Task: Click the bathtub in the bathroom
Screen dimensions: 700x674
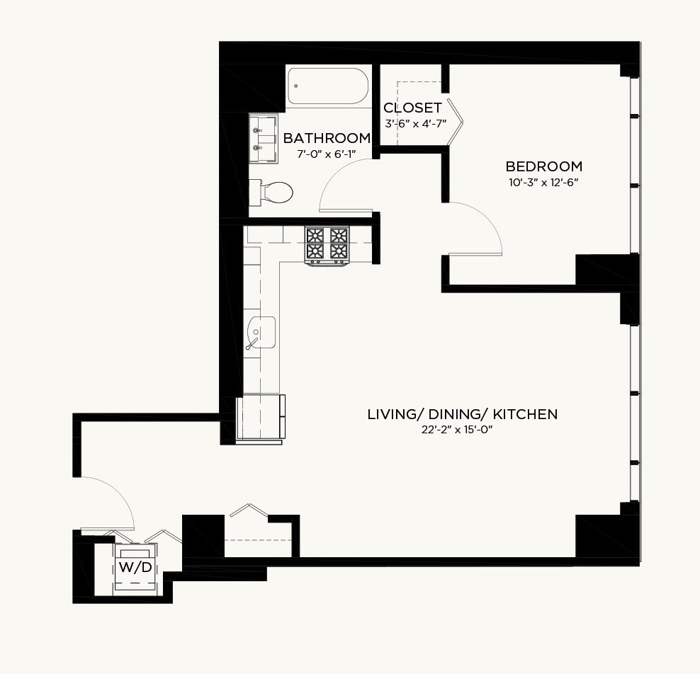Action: [x=328, y=86]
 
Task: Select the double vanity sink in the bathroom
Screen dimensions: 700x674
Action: [x=263, y=139]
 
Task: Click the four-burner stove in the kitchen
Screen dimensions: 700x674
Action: [x=327, y=246]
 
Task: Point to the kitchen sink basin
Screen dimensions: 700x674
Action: [x=261, y=332]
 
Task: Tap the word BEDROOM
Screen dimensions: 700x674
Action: [x=543, y=166]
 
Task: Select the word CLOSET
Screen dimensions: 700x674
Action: [x=412, y=108]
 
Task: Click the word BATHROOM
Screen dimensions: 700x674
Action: [x=327, y=138]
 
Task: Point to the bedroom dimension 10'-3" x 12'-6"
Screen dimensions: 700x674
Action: [x=543, y=183]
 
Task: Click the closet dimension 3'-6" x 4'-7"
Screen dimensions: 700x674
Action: [x=416, y=124]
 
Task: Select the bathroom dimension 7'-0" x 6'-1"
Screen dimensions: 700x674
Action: [x=327, y=154]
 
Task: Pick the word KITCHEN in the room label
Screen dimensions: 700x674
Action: [x=525, y=414]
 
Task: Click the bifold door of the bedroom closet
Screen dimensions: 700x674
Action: [x=456, y=121]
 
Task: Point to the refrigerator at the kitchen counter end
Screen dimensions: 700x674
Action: [x=260, y=418]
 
